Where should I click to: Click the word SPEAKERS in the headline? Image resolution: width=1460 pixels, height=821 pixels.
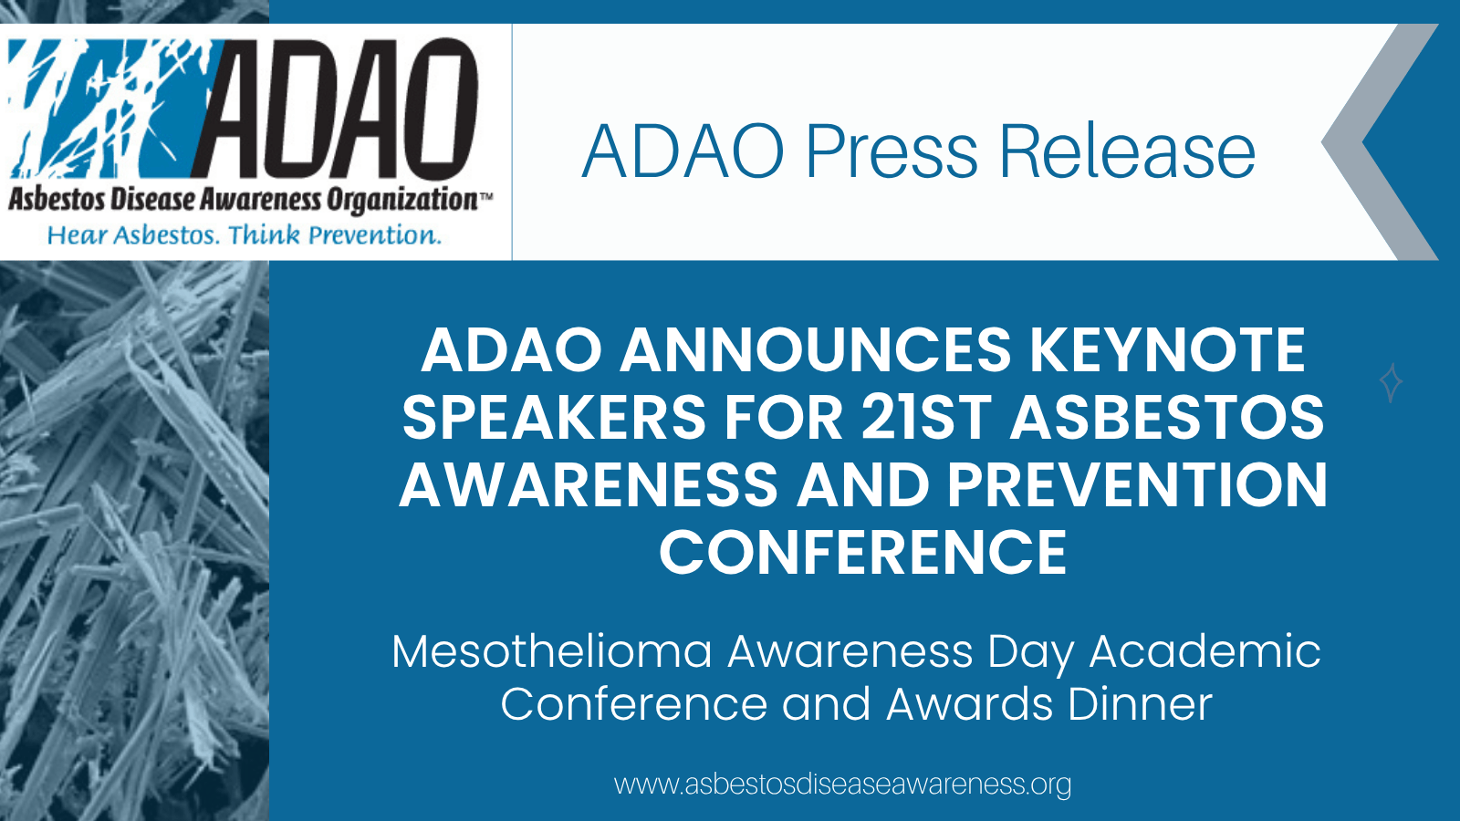[x=554, y=418]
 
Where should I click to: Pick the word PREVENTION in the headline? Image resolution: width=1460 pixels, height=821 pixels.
[x=1137, y=485]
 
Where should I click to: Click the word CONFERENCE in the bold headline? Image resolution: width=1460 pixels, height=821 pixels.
[x=863, y=553]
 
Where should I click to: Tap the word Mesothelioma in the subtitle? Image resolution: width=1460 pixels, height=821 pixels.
[x=552, y=651]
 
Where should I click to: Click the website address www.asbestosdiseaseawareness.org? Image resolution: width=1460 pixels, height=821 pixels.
[x=843, y=785]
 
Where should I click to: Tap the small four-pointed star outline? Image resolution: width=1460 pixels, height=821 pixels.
[x=1391, y=382]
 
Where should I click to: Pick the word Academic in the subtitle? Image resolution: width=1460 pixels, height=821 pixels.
[x=1204, y=651]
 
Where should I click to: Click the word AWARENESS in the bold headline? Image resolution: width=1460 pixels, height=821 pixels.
[x=589, y=485]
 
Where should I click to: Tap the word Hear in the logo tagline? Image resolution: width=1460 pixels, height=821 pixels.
[x=77, y=235]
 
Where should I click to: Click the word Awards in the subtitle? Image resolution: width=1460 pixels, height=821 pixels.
[x=969, y=704]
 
